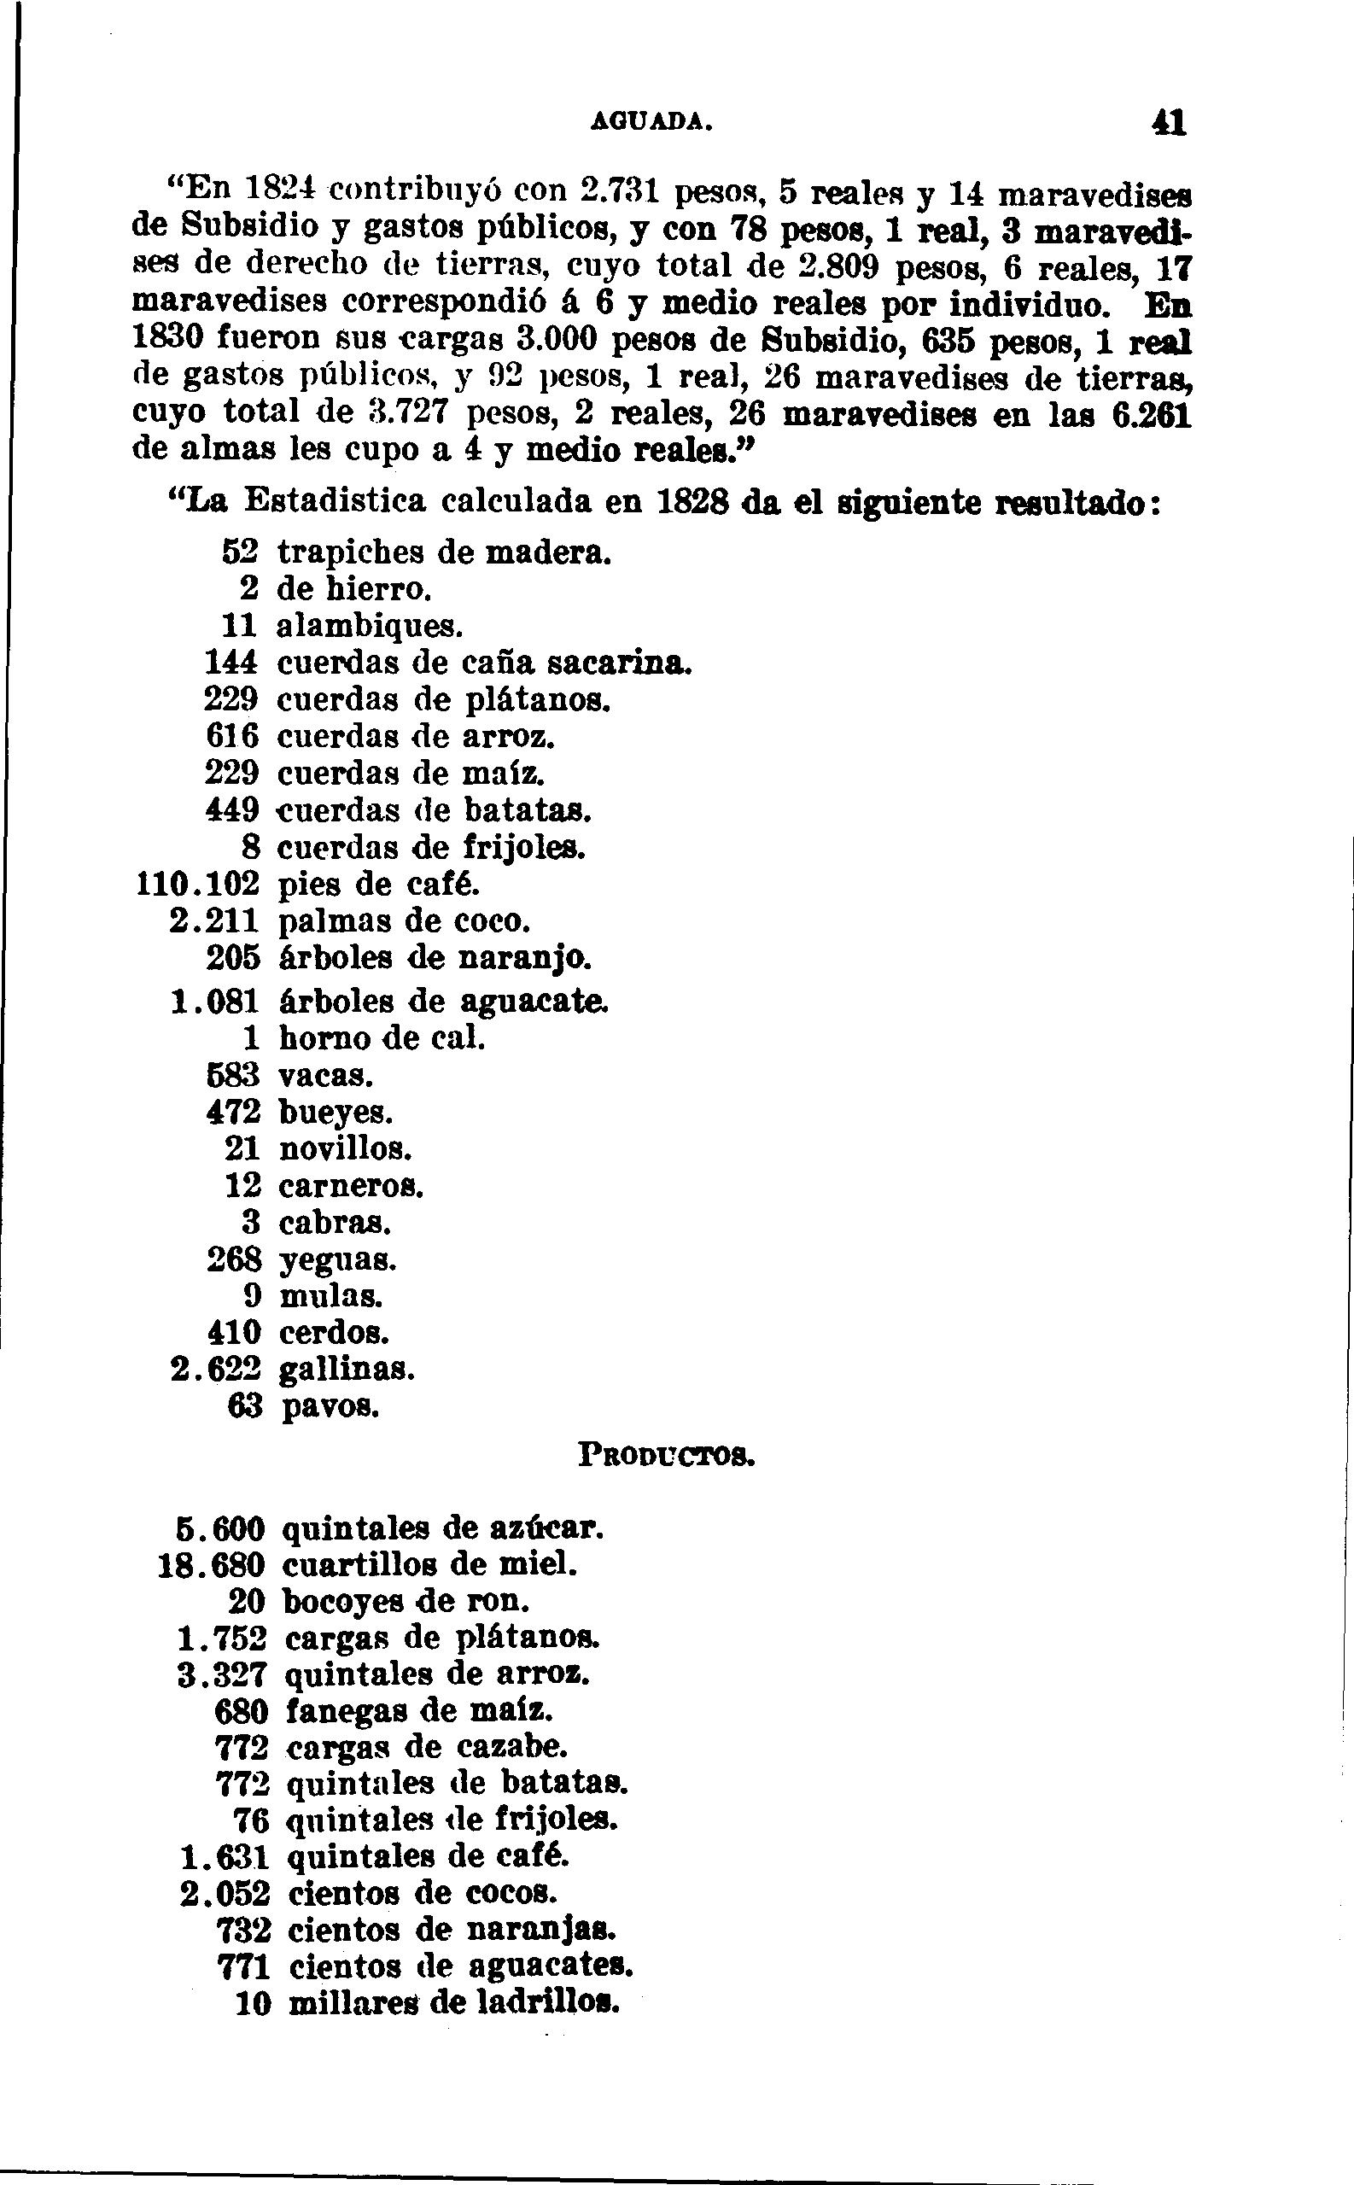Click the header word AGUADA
tap(651, 123)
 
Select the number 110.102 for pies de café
tap(197, 885)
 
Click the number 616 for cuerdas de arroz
tap(232, 737)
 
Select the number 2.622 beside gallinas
tap(215, 1370)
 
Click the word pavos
tap(330, 1407)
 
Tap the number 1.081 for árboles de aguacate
tap(215, 1002)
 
